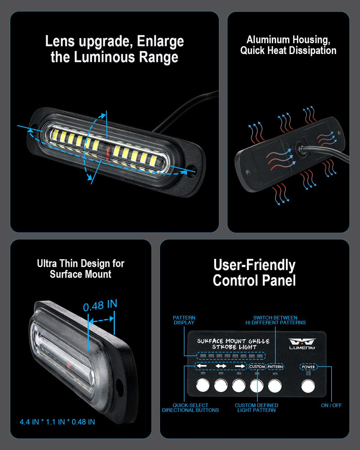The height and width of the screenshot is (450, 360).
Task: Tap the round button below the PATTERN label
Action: click(x=275, y=386)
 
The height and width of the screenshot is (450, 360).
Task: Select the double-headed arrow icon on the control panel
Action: click(x=221, y=366)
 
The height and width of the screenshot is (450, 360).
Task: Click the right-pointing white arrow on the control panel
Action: click(x=240, y=366)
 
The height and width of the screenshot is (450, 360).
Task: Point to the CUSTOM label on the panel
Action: click(x=257, y=366)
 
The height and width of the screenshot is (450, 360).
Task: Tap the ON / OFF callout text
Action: click(x=331, y=405)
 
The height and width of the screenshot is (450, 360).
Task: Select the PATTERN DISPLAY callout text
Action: click(x=184, y=320)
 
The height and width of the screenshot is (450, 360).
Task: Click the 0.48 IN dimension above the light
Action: click(x=100, y=305)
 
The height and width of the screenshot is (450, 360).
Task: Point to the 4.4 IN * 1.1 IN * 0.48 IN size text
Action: click(x=57, y=422)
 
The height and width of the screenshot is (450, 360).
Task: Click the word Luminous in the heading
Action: click(x=104, y=57)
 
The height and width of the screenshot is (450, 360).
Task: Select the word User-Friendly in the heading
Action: click(x=255, y=265)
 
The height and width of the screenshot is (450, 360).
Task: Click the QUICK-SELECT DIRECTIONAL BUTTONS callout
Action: click(x=190, y=408)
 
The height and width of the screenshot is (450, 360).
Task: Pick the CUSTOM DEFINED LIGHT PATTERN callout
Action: click(x=256, y=408)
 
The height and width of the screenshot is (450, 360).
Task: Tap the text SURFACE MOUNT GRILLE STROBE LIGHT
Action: click(x=233, y=344)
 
